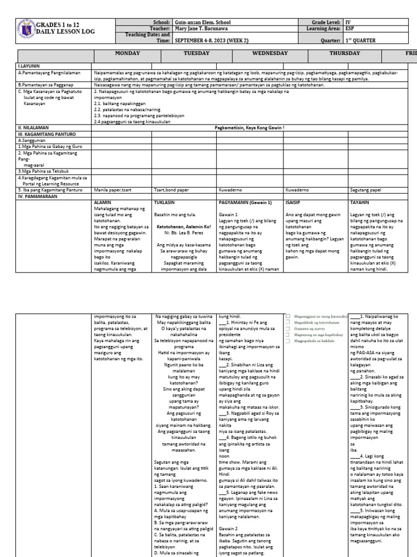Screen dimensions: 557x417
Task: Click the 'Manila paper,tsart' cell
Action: (112, 190)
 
